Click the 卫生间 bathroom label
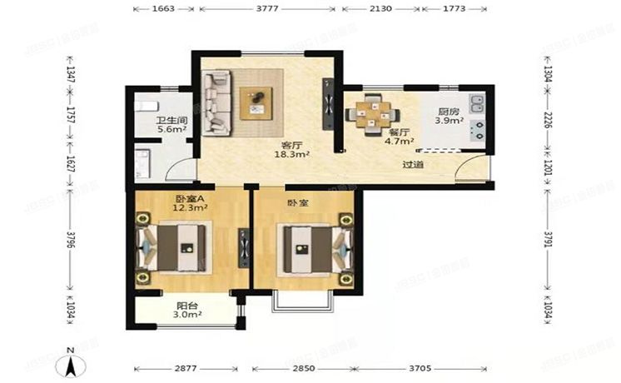pyautogui.click(x=171, y=120)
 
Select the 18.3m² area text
pyautogui.click(x=293, y=155)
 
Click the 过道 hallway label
pyautogui.click(x=413, y=165)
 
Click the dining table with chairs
pyautogui.click(x=370, y=112)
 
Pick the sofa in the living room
pyautogui.click(x=218, y=102)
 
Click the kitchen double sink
pyautogui.click(x=478, y=105)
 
